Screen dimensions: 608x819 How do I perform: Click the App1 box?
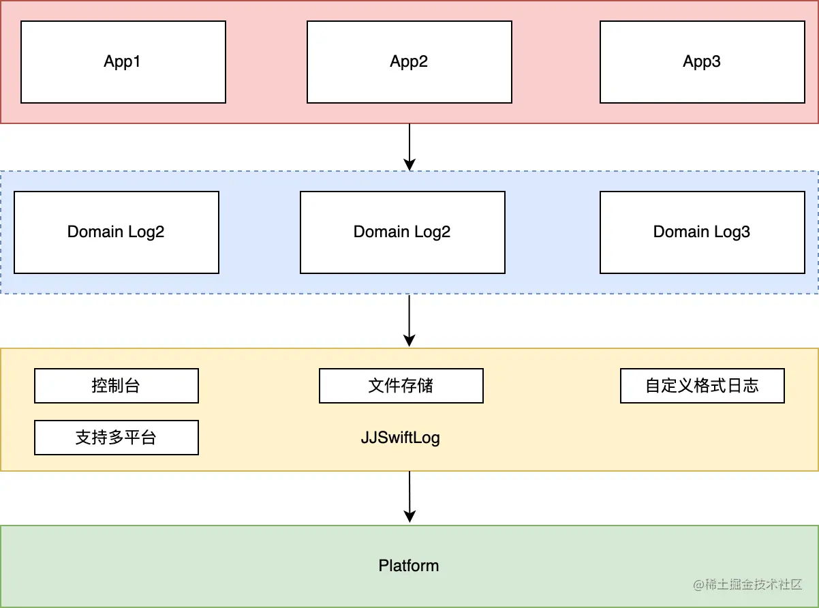pyautogui.click(x=123, y=62)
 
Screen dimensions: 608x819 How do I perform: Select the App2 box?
pyautogui.click(x=409, y=62)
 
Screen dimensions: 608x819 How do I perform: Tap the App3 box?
pyautogui.click(x=702, y=62)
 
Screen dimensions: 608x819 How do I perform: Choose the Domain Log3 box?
pyautogui.click(x=702, y=232)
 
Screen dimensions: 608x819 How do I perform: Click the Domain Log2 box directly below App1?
pyautogui.click(x=116, y=232)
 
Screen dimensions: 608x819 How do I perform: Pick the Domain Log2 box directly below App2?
pyautogui.click(x=402, y=232)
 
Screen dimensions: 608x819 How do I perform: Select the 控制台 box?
pyautogui.click(x=116, y=386)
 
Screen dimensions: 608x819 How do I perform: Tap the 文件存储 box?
pyautogui.click(x=401, y=386)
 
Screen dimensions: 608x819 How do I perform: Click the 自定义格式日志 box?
pyautogui.click(x=702, y=386)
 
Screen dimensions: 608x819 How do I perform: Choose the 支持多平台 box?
pyautogui.click(x=116, y=438)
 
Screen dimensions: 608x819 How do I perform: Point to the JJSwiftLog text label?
pyautogui.click(x=400, y=438)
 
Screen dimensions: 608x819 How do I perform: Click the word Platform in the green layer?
pyautogui.click(x=409, y=566)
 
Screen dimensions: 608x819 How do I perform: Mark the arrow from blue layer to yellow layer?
pyautogui.click(x=409, y=320)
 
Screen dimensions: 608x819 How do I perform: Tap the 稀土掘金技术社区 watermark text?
pyautogui.click(x=754, y=585)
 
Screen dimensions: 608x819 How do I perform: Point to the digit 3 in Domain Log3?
pyautogui.click(x=746, y=232)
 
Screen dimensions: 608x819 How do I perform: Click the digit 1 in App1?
pyautogui.click(x=137, y=62)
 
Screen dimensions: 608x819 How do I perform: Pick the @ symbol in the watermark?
pyautogui.click(x=698, y=585)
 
